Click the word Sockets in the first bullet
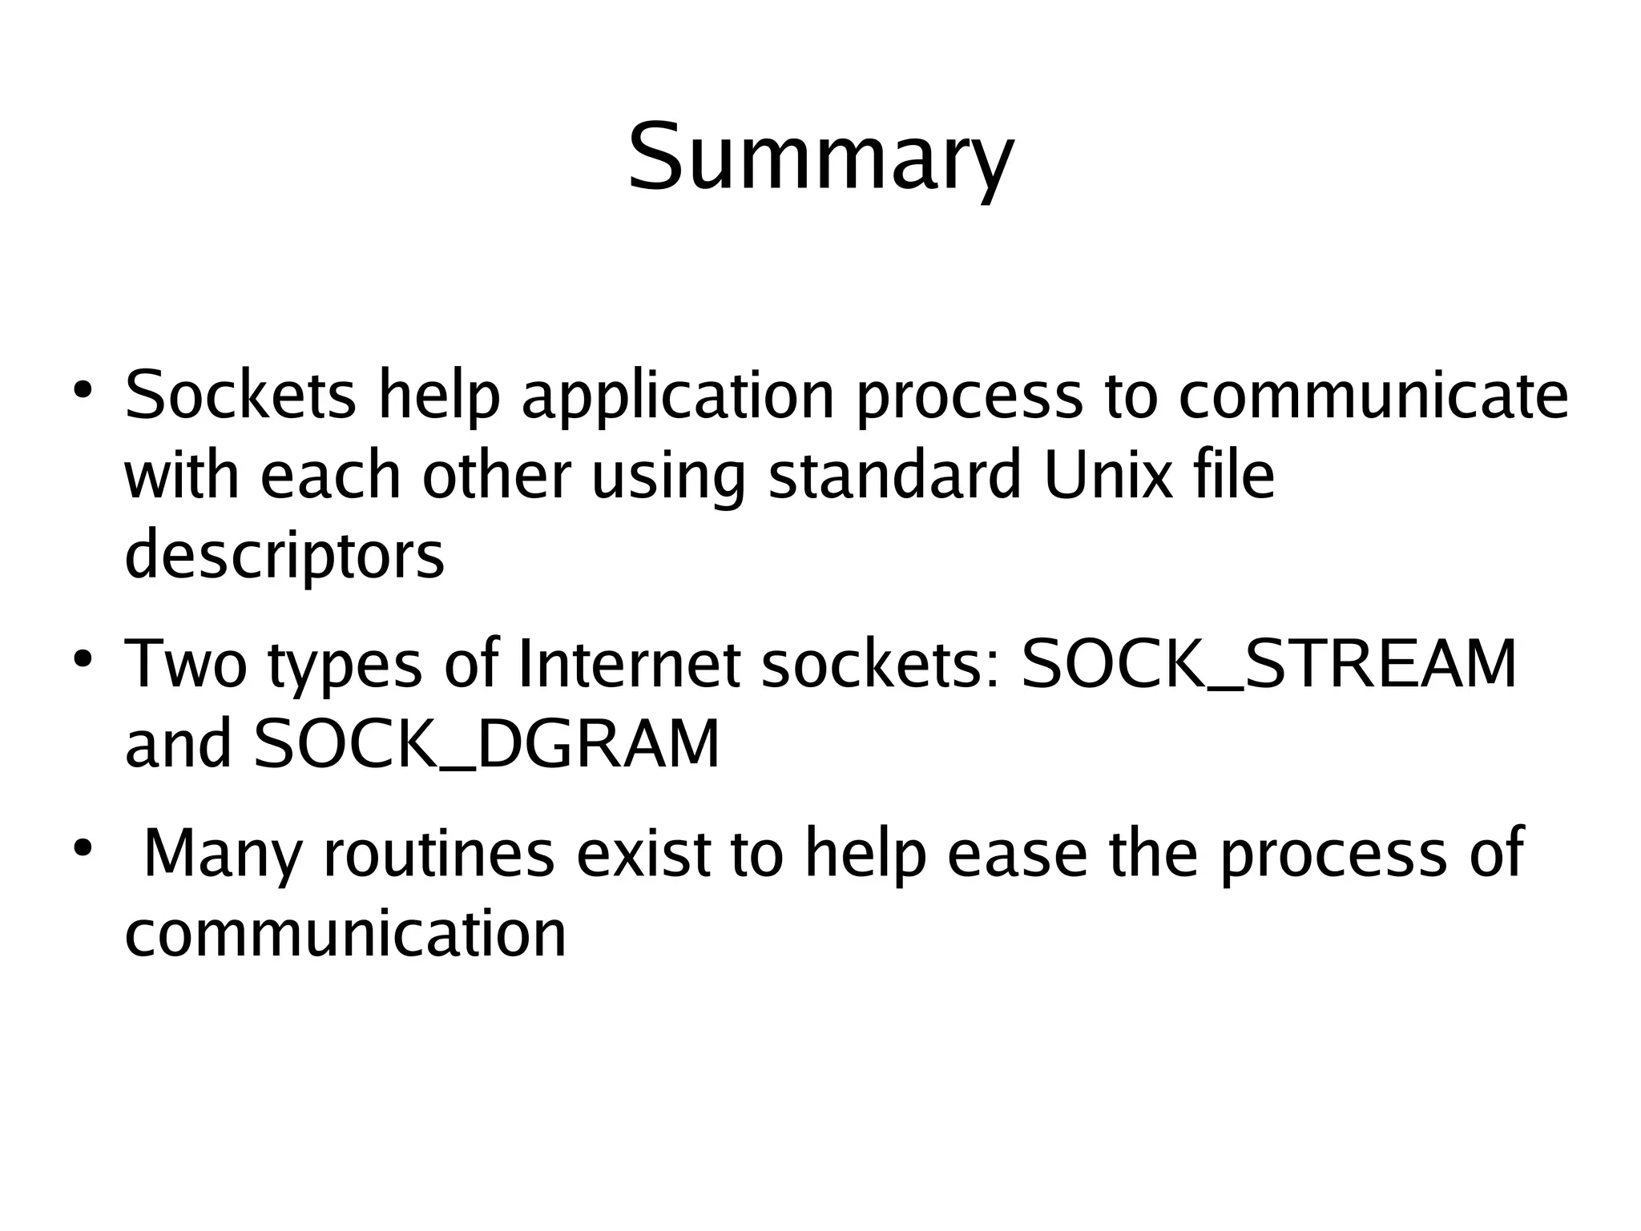240,396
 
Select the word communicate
1373,396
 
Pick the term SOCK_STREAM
1268,665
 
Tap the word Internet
630,665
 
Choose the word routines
438,854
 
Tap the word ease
1016,854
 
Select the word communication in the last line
345,934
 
